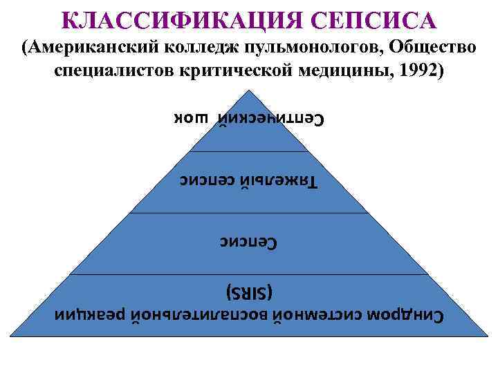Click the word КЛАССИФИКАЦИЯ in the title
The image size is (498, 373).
point(178,20)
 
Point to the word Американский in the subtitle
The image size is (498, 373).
point(97,47)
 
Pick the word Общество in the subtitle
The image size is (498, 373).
point(432,47)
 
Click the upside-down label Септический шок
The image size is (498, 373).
point(248,119)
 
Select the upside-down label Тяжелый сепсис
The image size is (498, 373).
point(248,181)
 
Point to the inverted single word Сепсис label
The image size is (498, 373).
point(248,242)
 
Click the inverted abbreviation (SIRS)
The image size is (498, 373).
point(249,291)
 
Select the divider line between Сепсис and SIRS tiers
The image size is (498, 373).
point(249,274)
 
